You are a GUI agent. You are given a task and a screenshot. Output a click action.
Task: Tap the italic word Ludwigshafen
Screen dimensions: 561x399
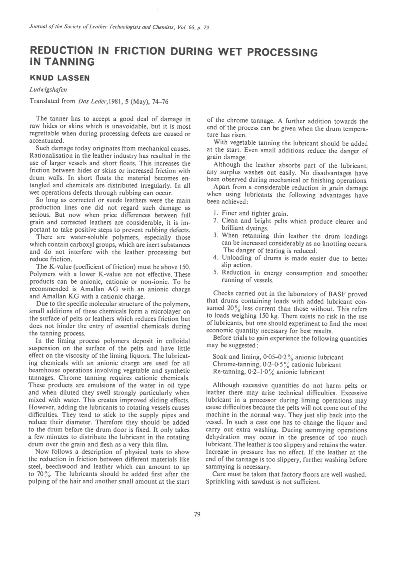click(48, 89)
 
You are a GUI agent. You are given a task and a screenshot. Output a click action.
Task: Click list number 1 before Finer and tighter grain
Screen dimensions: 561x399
click(215, 214)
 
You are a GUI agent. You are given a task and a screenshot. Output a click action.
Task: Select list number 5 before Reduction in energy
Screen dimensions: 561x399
click(215, 273)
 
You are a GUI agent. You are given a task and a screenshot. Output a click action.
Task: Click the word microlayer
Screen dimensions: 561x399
click(160, 312)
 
